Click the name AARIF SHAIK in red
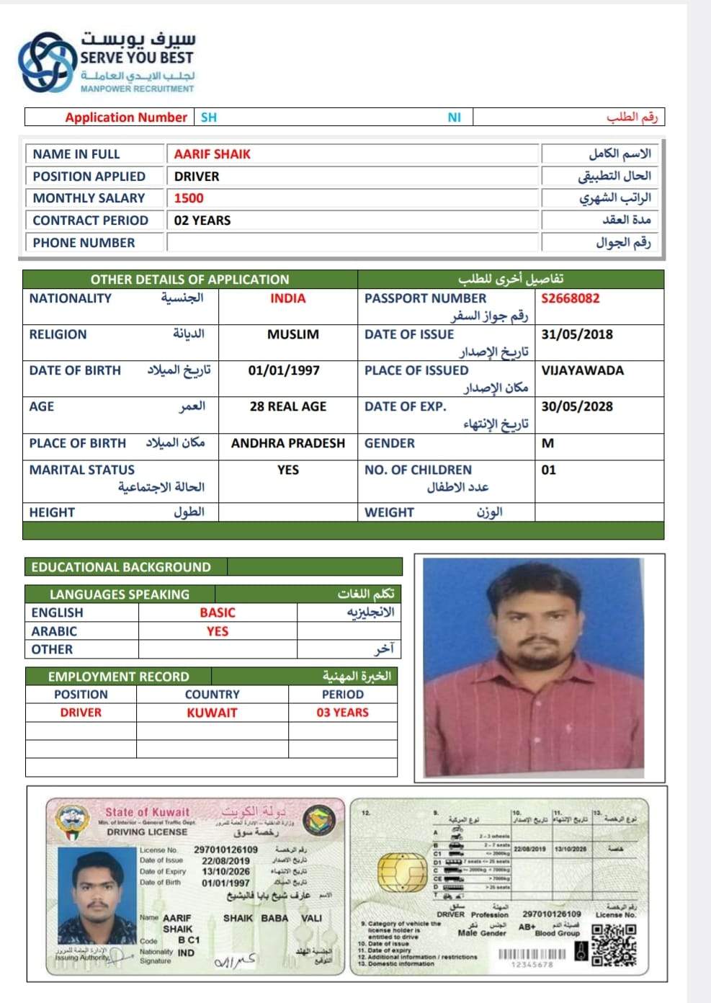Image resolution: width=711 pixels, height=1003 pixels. click(212, 154)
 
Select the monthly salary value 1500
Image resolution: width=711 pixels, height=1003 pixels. click(189, 198)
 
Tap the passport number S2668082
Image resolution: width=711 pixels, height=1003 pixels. click(570, 298)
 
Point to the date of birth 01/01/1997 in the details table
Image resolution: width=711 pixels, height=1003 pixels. click(284, 370)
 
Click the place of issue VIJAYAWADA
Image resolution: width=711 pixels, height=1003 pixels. click(582, 370)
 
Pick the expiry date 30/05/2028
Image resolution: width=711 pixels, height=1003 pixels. click(577, 406)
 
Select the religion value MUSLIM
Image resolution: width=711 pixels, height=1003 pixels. click(292, 334)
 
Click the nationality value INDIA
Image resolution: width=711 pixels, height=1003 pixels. click(287, 298)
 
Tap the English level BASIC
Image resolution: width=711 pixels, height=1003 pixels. click(218, 612)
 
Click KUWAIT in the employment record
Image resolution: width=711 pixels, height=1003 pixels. click(212, 713)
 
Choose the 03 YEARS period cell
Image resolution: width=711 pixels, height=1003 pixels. click(342, 713)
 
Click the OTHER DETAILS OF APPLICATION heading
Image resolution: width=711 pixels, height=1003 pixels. click(189, 280)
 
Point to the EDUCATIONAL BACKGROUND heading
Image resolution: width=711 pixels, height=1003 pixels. click(121, 567)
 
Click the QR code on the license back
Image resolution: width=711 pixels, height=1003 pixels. click(614, 945)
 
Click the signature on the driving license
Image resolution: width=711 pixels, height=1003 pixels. click(235, 961)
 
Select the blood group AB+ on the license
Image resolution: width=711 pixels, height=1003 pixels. click(527, 927)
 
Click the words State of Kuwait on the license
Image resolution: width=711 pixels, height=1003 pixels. click(147, 812)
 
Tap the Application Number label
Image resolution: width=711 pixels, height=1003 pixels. click(126, 117)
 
